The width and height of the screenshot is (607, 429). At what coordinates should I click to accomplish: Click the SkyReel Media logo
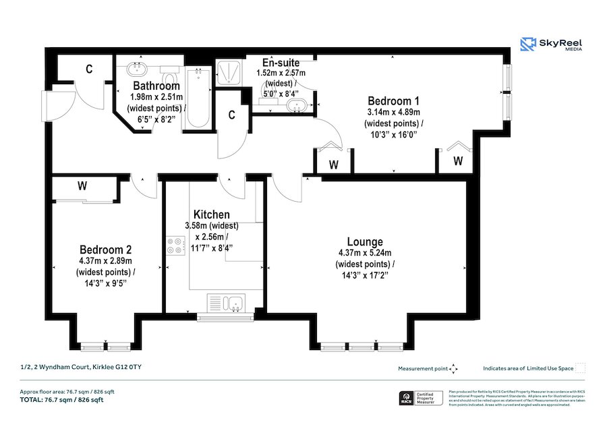coord(551,45)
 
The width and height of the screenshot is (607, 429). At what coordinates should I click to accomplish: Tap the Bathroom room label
coord(156,86)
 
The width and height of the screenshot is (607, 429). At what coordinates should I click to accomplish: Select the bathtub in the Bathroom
coord(198,98)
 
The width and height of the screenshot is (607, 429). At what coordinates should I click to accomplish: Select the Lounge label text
coord(365,241)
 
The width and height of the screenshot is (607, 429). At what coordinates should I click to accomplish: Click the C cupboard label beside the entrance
coord(88,68)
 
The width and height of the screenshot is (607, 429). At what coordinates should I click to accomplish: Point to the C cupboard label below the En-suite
coord(231,114)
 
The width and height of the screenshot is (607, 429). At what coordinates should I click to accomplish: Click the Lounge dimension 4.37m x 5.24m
coord(365,253)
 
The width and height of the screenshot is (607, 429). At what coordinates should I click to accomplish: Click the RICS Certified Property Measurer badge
coord(421,398)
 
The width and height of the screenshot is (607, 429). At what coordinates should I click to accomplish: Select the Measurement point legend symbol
coord(454,368)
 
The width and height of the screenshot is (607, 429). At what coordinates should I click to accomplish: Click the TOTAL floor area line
coord(61,400)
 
